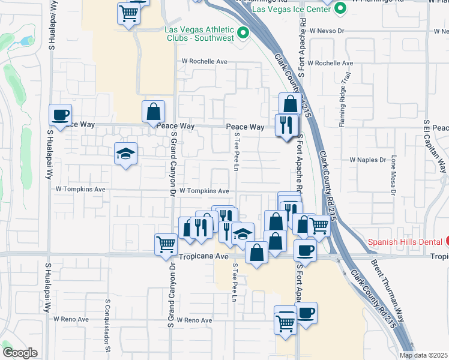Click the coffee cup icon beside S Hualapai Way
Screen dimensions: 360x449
(61, 114)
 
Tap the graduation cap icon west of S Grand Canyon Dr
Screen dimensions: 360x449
(126, 154)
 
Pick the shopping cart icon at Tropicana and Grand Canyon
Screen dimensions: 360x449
(166, 244)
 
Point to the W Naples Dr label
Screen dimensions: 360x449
(368, 160)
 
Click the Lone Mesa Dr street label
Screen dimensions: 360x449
(394, 173)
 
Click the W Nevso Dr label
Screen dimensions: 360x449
(326, 29)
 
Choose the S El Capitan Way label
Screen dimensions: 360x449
(427, 143)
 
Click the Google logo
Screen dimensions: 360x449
(20, 353)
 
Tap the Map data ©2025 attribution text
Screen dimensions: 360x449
(423, 355)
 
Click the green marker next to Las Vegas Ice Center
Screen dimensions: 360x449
(340, 9)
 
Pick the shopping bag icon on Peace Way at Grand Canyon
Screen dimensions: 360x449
(153, 111)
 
